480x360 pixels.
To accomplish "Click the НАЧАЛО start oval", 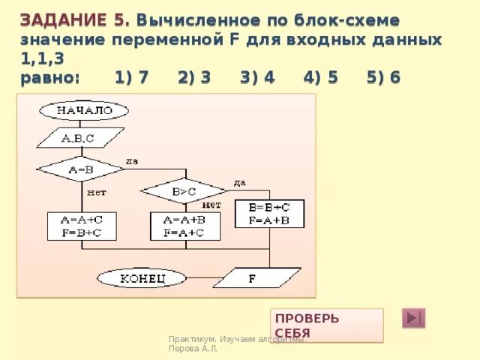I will tap(85, 111).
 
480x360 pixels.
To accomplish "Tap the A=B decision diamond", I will tap(80, 169).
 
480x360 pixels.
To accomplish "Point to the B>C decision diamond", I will tap(183, 191).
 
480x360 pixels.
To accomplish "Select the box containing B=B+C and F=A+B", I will tap(269, 214).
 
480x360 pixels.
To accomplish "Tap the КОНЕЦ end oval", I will tap(142, 278).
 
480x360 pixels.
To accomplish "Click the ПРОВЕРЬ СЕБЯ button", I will tap(328, 325).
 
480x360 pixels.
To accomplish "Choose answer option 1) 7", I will tap(131, 78).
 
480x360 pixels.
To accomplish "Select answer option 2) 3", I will tap(194, 78).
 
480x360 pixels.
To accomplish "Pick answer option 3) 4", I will tap(256, 78).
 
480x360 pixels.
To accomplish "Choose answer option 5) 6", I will tap(382, 78).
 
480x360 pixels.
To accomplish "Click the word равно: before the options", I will tap(49, 78).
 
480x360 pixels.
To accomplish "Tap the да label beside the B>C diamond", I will tap(239, 183).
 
